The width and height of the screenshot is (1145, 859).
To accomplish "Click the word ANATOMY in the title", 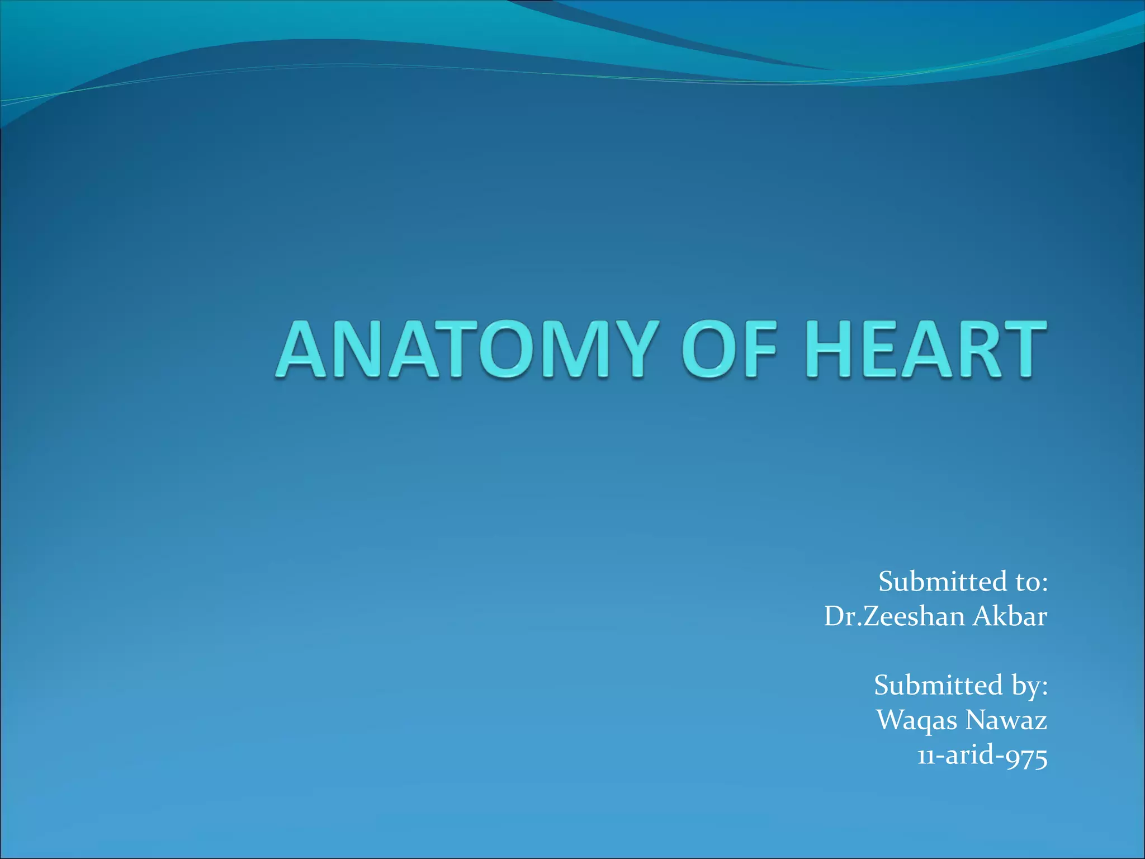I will pos(464,350).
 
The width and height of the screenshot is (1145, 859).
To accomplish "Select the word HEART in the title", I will pos(926,350).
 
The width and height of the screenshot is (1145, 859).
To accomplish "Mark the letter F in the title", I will pos(757,350).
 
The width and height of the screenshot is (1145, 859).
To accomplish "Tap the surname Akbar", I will pos(1010,616).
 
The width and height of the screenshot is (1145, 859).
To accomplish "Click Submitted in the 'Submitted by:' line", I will pos(938,685).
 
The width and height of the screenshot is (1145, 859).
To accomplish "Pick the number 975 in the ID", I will pos(1026,756).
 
